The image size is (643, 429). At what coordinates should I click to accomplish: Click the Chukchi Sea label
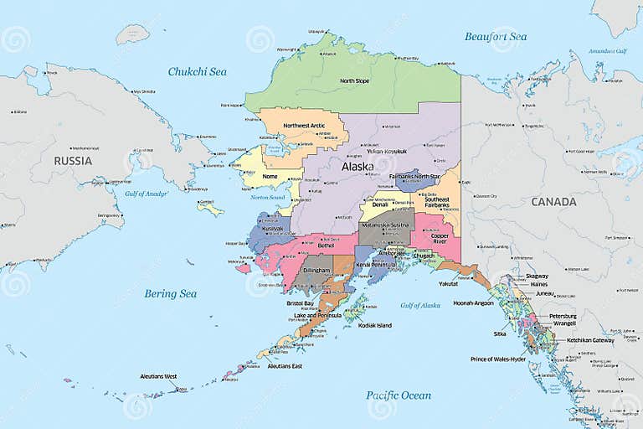pyautogui.click(x=197, y=72)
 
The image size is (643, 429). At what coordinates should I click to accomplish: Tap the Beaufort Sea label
pyautogui.click(x=496, y=37)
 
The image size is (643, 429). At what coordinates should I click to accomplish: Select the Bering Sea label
pyautogui.click(x=170, y=293)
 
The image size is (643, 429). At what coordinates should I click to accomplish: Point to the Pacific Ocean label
pyautogui.click(x=399, y=395)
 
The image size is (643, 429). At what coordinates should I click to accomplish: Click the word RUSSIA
pyautogui.click(x=73, y=160)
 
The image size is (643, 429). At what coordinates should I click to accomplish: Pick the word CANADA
pyautogui.click(x=553, y=202)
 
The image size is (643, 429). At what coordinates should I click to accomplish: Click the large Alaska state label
pyautogui.click(x=358, y=167)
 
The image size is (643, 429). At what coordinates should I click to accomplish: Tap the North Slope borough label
pyautogui.click(x=354, y=81)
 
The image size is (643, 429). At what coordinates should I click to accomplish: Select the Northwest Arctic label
pyautogui.click(x=303, y=126)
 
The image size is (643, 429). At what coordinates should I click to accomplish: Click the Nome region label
pyautogui.click(x=270, y=177)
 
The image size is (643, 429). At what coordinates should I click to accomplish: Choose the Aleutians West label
pyautogui.click(x=158, y=376)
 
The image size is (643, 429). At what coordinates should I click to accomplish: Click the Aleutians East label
pyautogui.click(x=285, y=366)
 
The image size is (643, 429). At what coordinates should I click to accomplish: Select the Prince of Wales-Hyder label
pyautogui.click(x=498, y=359)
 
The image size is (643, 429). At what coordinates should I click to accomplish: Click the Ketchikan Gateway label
pyautogui.click(x=590, y=340)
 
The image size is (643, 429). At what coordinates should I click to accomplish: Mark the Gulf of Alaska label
pyautogui.click(x=419, y=305)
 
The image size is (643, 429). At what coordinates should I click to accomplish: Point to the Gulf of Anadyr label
pyautogui.click(x=147, y=194)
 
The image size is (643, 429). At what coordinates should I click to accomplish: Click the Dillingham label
pyautogui.click(x=316, y=271)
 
